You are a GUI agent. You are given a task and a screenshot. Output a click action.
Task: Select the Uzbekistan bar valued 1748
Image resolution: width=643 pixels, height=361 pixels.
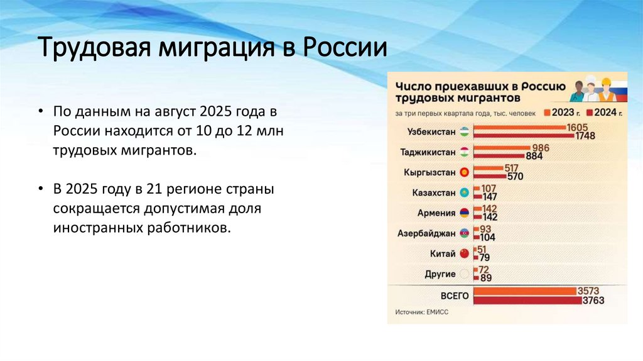(524, 135)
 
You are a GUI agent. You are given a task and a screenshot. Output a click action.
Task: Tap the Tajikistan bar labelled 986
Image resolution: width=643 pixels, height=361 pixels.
(502, 148)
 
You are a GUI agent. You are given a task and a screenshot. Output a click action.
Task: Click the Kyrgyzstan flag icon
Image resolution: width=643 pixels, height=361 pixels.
(464, 172)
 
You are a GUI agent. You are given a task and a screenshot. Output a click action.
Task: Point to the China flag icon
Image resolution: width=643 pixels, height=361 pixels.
(464, 253)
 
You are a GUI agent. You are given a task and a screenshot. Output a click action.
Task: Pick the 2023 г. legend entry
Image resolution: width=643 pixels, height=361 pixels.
(562, 113)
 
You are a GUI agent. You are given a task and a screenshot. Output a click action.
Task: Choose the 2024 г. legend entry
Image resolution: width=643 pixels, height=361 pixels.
(604, 113)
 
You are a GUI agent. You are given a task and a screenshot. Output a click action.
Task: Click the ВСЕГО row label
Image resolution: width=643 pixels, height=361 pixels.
(455, 296)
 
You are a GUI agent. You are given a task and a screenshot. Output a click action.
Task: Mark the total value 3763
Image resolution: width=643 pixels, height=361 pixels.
(593, 300)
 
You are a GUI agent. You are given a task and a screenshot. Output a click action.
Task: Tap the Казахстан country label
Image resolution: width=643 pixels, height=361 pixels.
(434, 192)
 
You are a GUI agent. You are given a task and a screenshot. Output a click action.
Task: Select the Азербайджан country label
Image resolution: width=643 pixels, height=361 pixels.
(426, 233)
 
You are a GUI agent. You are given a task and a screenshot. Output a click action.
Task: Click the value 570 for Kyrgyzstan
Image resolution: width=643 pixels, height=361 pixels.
(515, 176)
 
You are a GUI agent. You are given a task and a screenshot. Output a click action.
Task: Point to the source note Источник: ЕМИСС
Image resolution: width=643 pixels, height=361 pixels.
(421, 312)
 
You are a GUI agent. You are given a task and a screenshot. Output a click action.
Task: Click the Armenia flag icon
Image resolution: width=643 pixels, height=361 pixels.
(464, 213)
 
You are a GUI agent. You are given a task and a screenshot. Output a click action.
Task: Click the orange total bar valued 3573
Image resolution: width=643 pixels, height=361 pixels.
(525, 291)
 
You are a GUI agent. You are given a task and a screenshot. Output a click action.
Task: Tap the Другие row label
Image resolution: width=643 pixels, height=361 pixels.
(440, 274)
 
